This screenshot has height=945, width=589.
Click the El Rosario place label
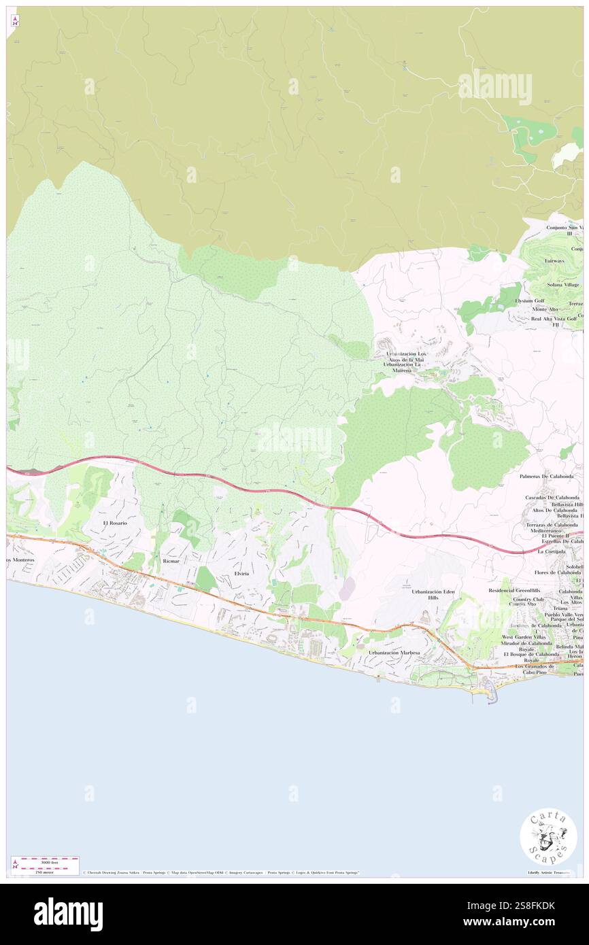tap(115, 523)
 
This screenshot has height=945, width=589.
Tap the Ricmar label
tap(171, 563)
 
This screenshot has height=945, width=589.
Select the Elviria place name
tap(242, 574)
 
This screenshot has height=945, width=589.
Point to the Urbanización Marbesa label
tap(394, 652)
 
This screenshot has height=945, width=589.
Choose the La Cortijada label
tap(550, 551)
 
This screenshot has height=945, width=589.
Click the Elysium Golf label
tap(530, 300)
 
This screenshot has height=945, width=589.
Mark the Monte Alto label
tap(544, 309)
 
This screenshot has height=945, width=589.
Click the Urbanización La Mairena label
tap(407, 368)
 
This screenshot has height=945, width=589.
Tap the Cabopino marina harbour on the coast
tap(491, 694)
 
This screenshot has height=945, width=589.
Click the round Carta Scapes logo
tap(548, 837)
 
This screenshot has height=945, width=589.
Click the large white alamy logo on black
tap(68, 914)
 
